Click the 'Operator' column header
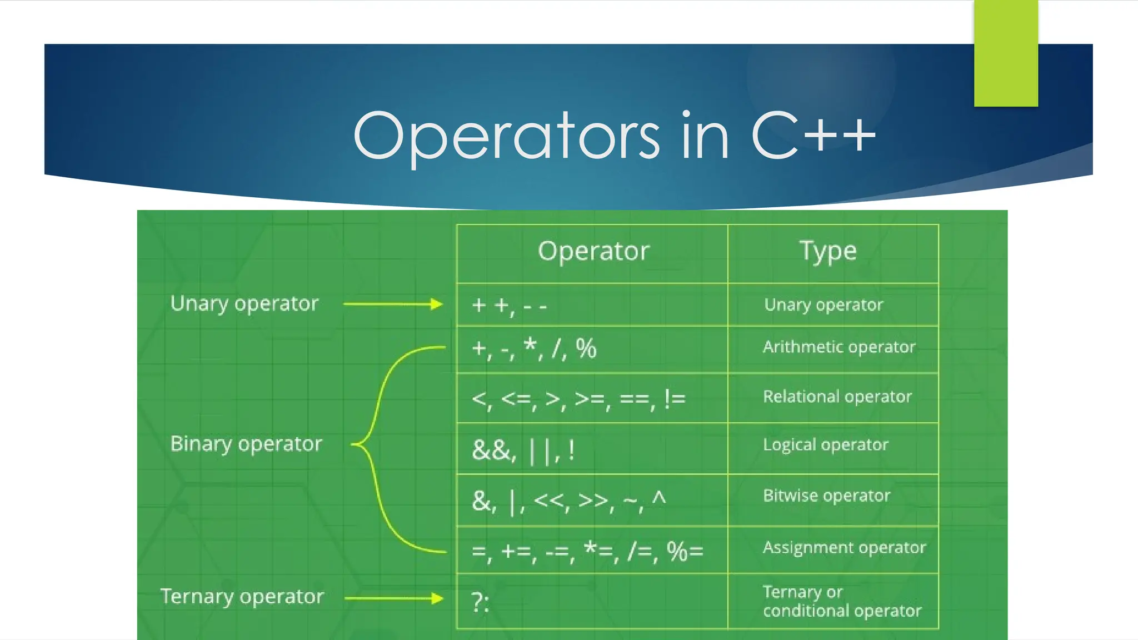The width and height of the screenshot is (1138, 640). (x=593, y=251)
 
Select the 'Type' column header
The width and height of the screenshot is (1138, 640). (x=828, y=251)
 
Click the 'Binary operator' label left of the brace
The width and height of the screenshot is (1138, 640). (x=246, y=444)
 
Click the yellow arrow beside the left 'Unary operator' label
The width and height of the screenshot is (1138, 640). (x=392, y=304)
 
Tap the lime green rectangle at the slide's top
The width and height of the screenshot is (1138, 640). (x=1006, y=53)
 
